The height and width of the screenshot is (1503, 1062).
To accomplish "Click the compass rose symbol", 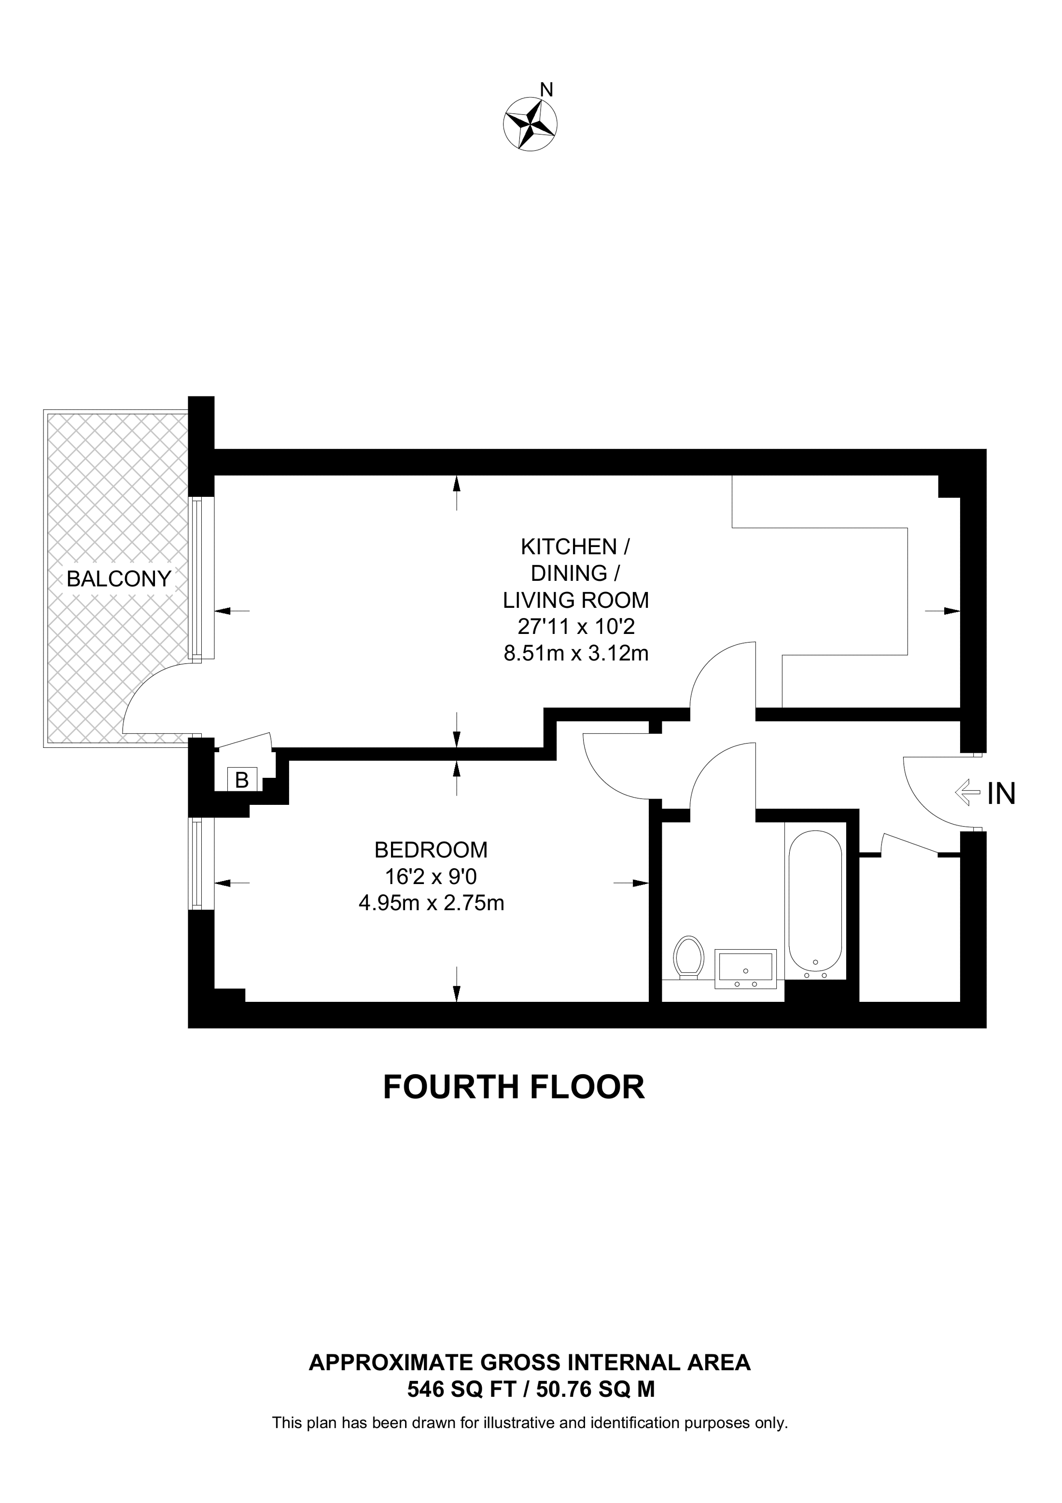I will [x=530, y=124].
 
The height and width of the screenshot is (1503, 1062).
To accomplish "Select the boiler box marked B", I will [x=242, y=780].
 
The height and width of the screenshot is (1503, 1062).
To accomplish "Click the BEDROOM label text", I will [x=431, y=850].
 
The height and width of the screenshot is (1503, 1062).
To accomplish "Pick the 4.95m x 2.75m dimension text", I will [x=431, y=903].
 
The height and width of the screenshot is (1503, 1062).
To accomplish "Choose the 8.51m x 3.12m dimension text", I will [x=576, y=653].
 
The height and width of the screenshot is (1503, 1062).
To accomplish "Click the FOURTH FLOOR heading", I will [x=514, y=1087].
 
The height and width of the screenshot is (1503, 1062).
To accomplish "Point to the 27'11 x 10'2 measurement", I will [x=576, y=627].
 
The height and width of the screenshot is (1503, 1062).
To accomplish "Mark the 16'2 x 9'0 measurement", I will [x=431, y=876].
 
